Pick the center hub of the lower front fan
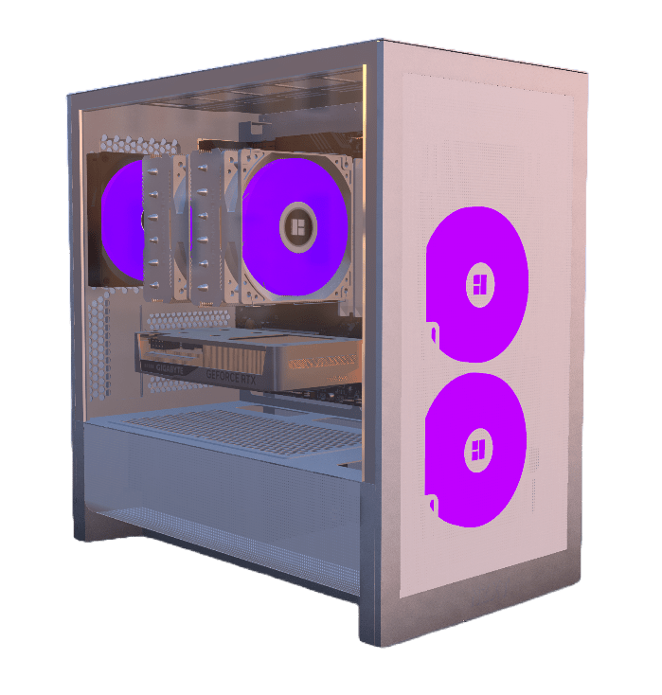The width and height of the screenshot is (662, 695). click(x=476, y=449)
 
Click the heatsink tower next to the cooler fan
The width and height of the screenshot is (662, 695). click(x=210, y=227)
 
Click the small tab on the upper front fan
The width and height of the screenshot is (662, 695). click(x=433, y=333)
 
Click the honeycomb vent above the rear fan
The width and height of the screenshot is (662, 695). click(x=133, y=145)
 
